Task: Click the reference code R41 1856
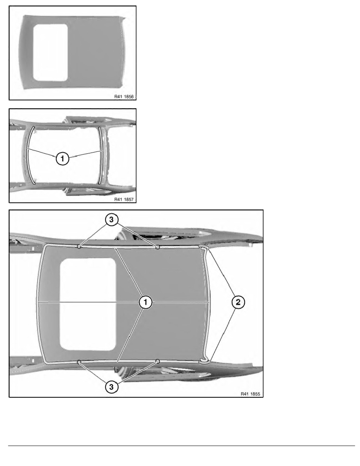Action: pyautogui.click(x=124, y=96)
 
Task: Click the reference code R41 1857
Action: pyautogui.click(x=124, y=199)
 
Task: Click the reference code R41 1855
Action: pyautogui.click(x=250, y=394)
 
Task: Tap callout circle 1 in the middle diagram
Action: pyautogui.click(x=62, y=159)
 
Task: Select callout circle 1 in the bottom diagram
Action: pyautogui.click(x=145, y=302)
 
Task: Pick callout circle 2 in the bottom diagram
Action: pyautogui.click(x=238, y=302)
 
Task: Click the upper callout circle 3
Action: pyautogui.click(x=111, y=220)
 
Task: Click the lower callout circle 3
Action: pyautogui.click(x=111, y=387)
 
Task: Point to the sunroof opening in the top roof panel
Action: pyautogui.click(x=51, y=52)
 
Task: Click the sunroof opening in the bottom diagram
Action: pyautogui.click(x=88, y=304)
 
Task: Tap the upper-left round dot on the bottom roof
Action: pyautogui.click(x=79, y=246)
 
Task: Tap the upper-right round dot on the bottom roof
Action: pyautogui.click(x=158, y=247)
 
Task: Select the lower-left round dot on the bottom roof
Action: pyautogui.click(x=79, y=362)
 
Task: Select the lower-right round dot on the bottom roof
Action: pyautogui.click(x=158, y=361)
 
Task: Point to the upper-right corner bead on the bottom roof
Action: pyautogui.click(x=204, y=248)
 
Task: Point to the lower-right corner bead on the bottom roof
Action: pyautogui.click(x=204, y=361)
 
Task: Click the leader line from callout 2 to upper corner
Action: pyautogui.click(x=221, y=273)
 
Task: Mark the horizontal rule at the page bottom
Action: pyautogui.click(x=182, y=446)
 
